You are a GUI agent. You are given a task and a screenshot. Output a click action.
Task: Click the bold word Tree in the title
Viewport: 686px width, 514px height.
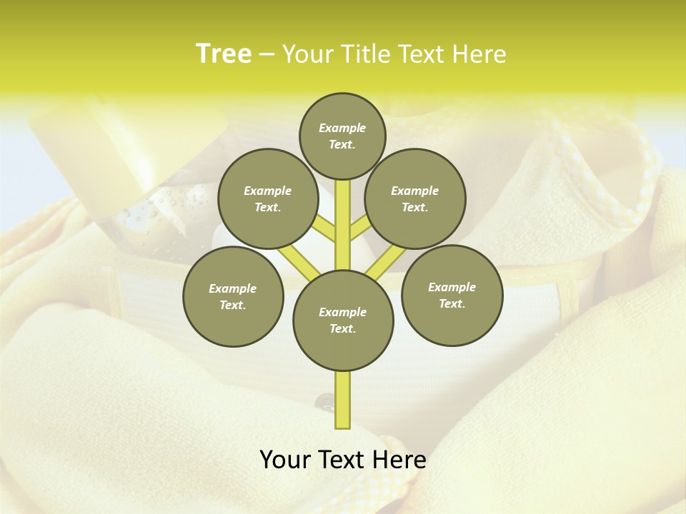(x=224, y=54)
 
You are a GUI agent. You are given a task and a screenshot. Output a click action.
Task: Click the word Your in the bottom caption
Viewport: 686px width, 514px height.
(x=284, y=460)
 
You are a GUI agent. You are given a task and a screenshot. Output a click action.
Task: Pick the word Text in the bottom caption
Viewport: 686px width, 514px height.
(x=342, y=460)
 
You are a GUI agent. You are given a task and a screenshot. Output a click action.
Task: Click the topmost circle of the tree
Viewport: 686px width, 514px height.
(x=342, y=136)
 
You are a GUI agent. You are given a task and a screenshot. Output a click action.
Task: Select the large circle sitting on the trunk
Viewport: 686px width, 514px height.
(x=343, y=321)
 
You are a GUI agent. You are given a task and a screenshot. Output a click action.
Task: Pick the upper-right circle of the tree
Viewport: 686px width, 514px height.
(x=415, y=199)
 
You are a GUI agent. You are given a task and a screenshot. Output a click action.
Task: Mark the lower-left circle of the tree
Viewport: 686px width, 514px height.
(x=233, y=296)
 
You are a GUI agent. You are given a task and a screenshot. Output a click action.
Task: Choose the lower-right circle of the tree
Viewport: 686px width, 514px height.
(x=452, y=295)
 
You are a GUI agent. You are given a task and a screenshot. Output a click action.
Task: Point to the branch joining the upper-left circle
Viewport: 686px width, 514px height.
(x=324, y=228)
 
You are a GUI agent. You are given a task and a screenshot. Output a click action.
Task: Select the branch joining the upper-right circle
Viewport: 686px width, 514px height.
(x=359, y=228)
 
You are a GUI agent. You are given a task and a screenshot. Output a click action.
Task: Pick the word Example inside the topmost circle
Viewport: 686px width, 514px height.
(x=342, y=128)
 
